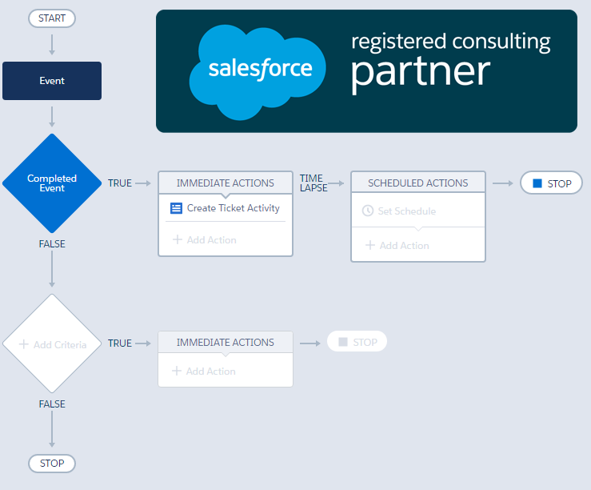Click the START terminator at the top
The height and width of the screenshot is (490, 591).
52,18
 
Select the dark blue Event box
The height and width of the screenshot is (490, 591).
52,81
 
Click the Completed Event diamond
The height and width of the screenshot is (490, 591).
52,183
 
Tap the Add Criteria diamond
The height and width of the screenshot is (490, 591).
52,344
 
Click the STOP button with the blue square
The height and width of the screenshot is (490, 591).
551,183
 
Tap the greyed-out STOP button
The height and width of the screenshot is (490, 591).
357,342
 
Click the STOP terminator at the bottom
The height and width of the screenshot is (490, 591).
52,463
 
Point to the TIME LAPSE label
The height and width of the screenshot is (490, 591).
312,183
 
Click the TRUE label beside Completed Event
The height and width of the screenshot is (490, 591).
120,183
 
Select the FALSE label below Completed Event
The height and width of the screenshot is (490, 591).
52,244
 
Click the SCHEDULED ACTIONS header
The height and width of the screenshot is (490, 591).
418,183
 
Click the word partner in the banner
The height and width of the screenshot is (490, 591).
420,72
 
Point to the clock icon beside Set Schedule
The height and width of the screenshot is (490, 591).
368,211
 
